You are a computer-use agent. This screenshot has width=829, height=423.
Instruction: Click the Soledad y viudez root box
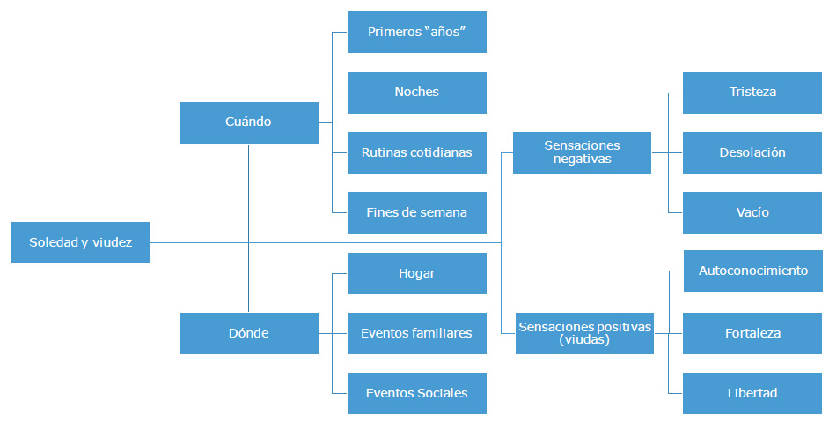[x=81, y=242]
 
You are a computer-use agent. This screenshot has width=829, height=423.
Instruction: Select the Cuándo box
[x=248, y=122]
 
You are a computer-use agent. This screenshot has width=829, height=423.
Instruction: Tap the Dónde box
[x=248, y=333]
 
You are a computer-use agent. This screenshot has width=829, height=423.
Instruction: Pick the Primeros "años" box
[x=416, y=33]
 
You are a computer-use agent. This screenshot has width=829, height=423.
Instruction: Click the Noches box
[x=416, y=93]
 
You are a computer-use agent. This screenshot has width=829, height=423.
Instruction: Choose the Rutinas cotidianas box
[x=416, y=152]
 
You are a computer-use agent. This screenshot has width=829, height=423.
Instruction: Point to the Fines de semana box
[x=416, y=212]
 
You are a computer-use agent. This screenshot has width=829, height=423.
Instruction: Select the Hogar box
[x=416, y=273]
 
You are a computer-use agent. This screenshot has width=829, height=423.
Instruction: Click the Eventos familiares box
[x=416, y=333]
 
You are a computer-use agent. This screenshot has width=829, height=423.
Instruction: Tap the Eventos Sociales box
[x=416, y=393]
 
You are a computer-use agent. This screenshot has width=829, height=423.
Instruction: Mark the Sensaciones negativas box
[x=582, y=152]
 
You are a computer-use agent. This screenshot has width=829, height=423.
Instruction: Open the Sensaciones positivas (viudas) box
[x=584, y=333]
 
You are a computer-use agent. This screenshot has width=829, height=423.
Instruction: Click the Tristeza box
[x=752, y=92]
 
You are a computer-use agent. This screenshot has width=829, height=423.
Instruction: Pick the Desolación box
[x=752, y=152]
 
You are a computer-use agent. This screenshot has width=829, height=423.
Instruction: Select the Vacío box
[x=752, y=212]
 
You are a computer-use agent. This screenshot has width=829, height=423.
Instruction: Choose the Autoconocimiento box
[x=752, y=271]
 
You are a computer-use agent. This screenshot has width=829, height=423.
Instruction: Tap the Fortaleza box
[x=752, y=333]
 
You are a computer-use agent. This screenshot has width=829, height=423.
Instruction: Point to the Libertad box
[x=752, y=393]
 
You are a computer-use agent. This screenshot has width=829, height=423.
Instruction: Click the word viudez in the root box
[x=112, y=242]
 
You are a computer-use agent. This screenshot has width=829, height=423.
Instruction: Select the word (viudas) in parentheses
[x=584, y=339]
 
